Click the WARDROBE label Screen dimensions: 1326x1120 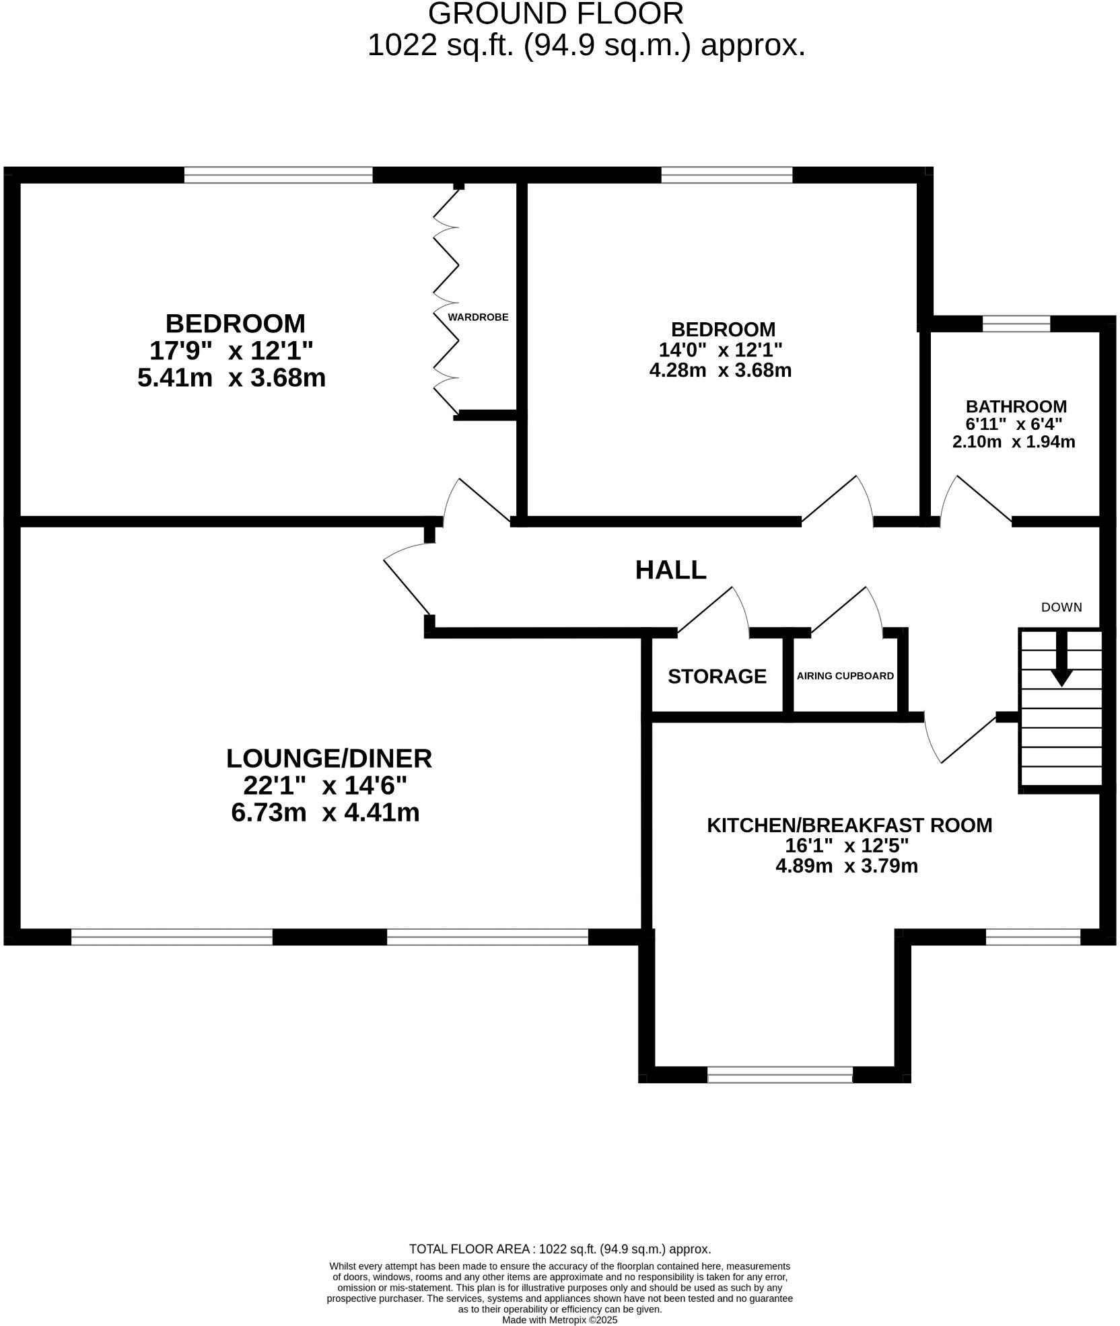[478, 317]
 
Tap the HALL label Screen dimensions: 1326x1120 [670, 570]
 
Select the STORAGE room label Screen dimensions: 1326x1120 [717, 676]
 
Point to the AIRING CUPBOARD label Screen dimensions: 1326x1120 [845, 676]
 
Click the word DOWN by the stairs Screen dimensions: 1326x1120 [1061, 607]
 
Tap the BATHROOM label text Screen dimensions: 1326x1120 [1016, 406]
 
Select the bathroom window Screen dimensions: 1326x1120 [1016, 324]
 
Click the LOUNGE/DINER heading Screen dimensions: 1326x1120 [328, 758]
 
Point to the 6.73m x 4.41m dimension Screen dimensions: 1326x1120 [325, 812]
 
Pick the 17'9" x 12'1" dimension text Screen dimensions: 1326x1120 [231, 351]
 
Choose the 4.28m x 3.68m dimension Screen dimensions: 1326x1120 [720, 370]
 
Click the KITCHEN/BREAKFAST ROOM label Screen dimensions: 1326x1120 [849, 825]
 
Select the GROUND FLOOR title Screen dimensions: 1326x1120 [555, 13]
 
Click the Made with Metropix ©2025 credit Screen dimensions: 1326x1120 [559, 1320]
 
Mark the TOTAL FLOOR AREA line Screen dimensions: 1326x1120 [559, 1249]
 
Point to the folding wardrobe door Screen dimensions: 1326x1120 [446, 299]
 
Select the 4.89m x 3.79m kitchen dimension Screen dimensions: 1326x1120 [847, 865]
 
